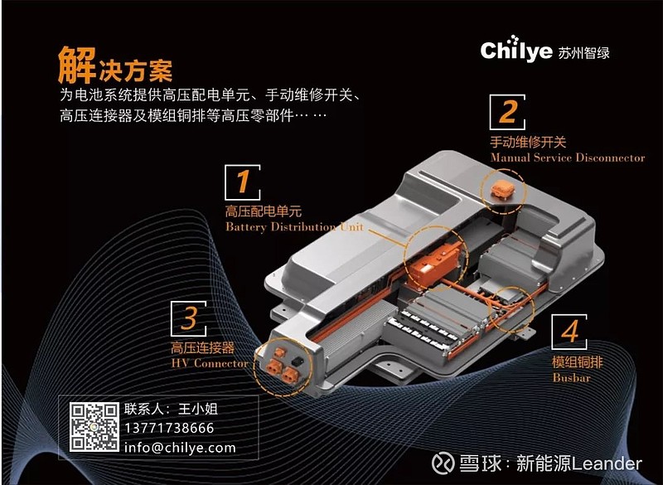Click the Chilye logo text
click(515, 51)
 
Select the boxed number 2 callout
click(508, 111)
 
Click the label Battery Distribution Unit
click(293, 227)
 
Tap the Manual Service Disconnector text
click(567, 158)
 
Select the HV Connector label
click(209, 363)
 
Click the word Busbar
click(569, 377)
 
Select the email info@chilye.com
click(180, 448)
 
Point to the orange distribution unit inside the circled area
click(437, 262)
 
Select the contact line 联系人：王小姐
click(172, 409)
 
